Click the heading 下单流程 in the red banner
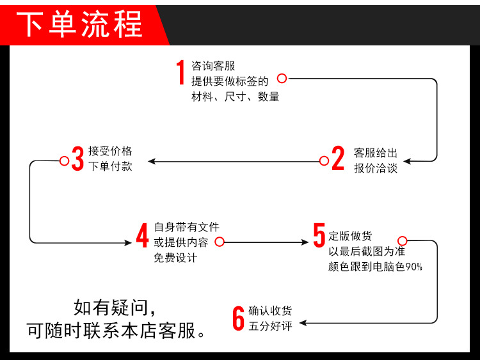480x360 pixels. click(x=79, y=24)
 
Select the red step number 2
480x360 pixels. click(x=338, y=159)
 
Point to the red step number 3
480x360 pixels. click(x=77, y=159)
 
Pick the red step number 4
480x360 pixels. click(x=142, y=235)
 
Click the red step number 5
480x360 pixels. click(x=319, y=235)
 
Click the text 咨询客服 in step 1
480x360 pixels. click(x=214, y=66)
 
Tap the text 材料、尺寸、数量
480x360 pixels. click(x=236, y=97)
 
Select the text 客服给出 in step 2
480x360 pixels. click(x=376, y=153)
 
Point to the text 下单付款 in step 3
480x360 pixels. click(x=110, y=166)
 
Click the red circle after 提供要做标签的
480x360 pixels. click(x=282, y=78)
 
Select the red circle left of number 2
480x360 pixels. click(x=324, y=160)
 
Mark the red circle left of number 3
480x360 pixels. click(x=64, y=160)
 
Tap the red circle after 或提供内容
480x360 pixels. click(x=220, y=242)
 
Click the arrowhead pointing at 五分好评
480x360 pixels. click(x=303, y=323)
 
